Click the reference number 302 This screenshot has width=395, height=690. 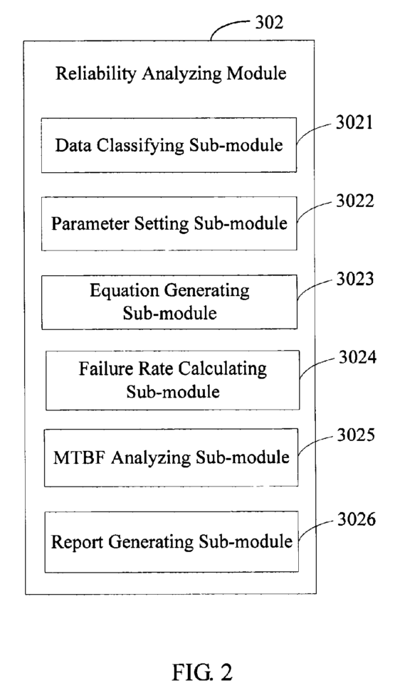[268, 22]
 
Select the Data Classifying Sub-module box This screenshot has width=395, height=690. [169, 145]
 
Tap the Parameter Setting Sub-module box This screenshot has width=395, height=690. [169, 223]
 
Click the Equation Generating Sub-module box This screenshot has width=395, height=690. [169, 301]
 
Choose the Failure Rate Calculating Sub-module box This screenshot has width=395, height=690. [172, 378]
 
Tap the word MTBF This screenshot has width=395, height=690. [75, 457]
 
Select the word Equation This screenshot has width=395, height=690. [117, 290]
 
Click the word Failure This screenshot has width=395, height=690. [102, 368]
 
